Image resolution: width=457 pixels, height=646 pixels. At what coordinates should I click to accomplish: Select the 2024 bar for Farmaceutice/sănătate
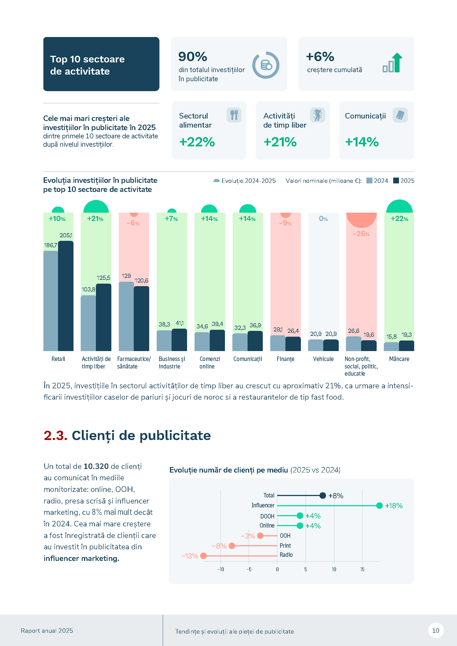click(126, 316)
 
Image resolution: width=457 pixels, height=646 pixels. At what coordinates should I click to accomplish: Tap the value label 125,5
click(104, 278)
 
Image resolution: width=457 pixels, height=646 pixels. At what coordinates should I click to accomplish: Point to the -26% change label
click(361, 234)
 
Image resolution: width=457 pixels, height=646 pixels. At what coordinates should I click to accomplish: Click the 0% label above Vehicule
click(323, 219)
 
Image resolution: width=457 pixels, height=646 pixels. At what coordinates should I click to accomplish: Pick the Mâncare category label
click(399, 359)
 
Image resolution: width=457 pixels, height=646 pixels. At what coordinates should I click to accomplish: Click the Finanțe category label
click(285, 359)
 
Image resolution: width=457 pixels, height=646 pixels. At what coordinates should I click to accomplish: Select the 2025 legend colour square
click(396, 181)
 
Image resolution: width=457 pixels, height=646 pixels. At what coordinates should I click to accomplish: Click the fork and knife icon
click(234, 115)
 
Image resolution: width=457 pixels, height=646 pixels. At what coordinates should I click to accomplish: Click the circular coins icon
click(266, 65)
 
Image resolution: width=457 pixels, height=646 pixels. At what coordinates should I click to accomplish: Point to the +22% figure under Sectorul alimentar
click(197, 142)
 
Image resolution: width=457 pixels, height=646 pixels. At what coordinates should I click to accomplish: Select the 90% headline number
click(193, 57)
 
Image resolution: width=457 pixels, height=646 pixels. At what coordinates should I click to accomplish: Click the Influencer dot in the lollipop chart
click(379, 506)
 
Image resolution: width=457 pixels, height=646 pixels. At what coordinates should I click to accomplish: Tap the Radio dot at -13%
click(203, 556)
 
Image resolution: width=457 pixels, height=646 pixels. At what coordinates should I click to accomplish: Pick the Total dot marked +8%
click(323, 495)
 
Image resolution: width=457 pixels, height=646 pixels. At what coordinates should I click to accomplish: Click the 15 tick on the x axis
click(362, 569)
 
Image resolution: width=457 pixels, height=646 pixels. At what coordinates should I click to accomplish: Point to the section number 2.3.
click(56, 436)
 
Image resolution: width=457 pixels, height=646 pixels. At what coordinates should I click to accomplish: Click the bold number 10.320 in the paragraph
click(96, 466)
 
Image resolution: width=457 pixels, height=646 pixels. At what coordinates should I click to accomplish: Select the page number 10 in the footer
click(436, 631)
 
